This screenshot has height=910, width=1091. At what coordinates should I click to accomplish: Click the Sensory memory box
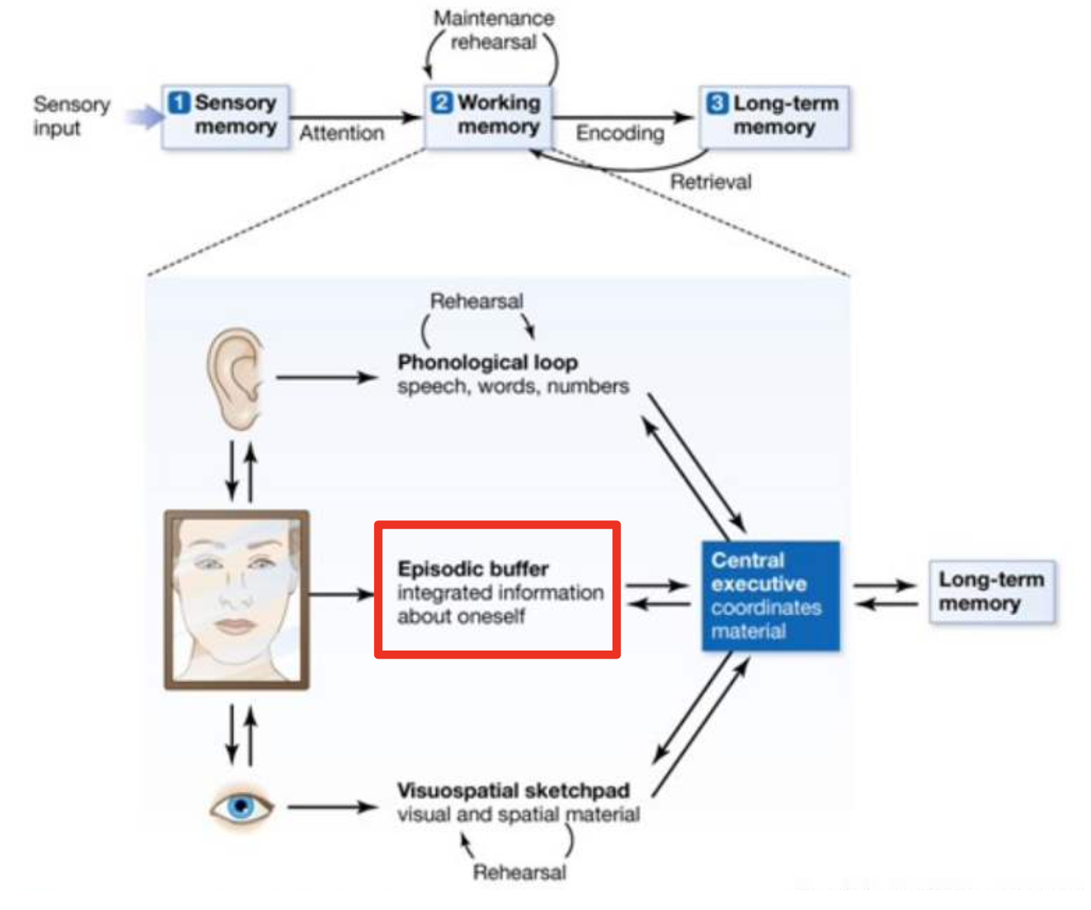click(225, 117)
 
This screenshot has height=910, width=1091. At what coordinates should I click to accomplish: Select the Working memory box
click(489, 117)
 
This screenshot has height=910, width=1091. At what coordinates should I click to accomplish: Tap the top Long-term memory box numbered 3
click(774, 117)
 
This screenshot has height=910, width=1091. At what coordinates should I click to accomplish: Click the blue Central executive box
click(770, 595)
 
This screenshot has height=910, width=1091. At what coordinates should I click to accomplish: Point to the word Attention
click(342, 133)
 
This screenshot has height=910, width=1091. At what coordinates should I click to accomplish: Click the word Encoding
click(620, 133)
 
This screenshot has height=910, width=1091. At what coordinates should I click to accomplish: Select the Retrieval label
click(711, 182)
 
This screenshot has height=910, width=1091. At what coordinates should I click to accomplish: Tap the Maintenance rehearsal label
click(494, 30)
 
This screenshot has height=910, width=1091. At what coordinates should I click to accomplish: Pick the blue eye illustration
click(241, 806)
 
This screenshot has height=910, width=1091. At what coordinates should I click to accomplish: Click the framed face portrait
click(237, 600)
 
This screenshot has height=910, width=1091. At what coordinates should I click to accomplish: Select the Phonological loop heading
click(487, 362)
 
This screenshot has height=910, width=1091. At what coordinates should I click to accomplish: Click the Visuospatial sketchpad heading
click(513, 790)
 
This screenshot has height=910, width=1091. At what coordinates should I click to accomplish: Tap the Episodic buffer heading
click(473, 568)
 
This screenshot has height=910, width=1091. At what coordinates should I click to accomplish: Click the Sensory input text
click(71, 116)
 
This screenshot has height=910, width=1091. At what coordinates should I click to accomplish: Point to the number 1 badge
click(179, 102)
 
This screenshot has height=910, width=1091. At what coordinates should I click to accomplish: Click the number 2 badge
click(442, 102)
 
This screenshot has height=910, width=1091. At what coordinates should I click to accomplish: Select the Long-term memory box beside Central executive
click(992, 592)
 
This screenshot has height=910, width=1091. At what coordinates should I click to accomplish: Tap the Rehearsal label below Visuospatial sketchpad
click(519, 873)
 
